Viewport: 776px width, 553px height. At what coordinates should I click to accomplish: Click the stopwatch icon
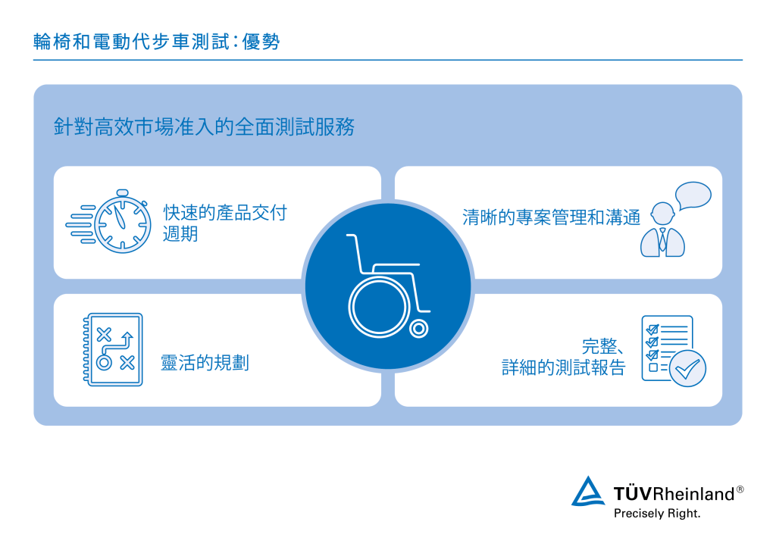pyautogui.click(x=121, y=219)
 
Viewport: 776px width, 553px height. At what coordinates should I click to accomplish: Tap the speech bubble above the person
pyautogui.click(x=693, y=195)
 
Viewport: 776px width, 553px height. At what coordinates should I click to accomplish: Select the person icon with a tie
pyautogui.click(x=662, y=230)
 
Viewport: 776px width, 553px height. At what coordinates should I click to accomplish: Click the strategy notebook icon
pyautogui.click(x=113, y=349)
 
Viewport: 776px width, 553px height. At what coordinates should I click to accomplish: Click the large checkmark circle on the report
pyautogui.click(x=688, y=368)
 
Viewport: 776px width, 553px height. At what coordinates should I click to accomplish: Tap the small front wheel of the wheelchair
pyautogui.click(x=418, y=329)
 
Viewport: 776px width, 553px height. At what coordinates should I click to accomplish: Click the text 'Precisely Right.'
pyautogui.click(x=656, y=513)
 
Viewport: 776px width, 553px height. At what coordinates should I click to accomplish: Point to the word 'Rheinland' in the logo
pyautogui.click(x=695, y=494)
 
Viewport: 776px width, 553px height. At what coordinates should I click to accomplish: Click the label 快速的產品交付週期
pyautogui.click(x=224, y=223)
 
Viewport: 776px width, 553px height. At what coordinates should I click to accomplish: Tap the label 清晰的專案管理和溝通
pyautogui.click(x=551, y=217)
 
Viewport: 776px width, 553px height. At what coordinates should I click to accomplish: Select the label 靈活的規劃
pyautogui.click(x=205, y=363)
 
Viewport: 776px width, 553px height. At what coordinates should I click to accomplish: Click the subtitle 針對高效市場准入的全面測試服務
pyautogui.click(x=204, y=127)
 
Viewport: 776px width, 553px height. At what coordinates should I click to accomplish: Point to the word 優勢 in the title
pyautogui.click(x=261, y=42)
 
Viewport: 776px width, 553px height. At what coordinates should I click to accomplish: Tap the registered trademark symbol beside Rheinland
pyautogui.click(x=740, y=489)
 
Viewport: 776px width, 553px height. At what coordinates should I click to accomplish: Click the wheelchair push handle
pyautogui.click(x=351, y=236)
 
